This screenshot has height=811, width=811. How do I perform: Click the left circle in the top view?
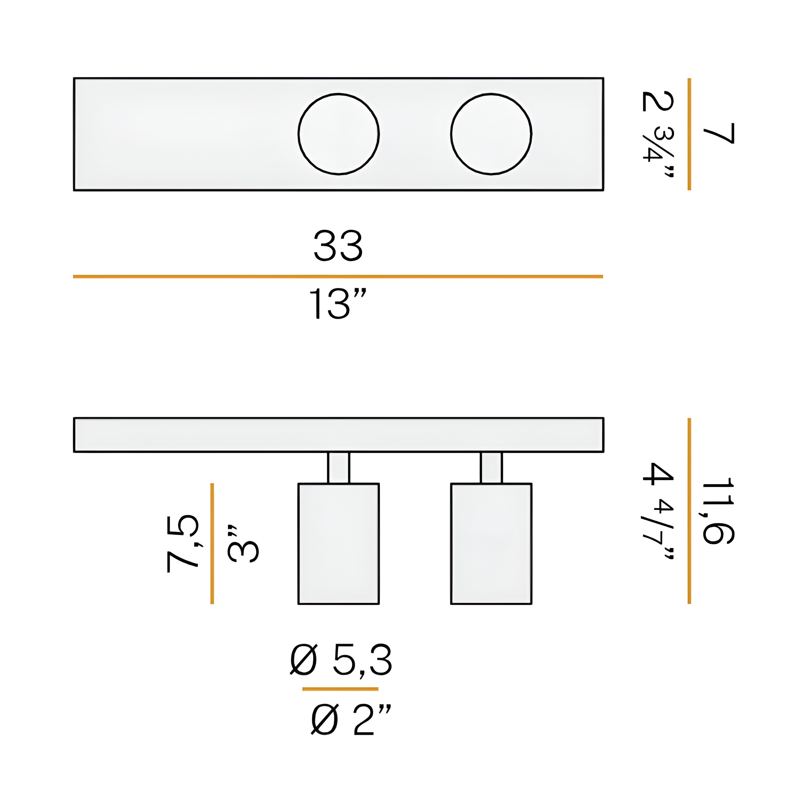click(299, 134)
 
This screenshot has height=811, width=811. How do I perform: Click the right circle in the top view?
click(451, 134)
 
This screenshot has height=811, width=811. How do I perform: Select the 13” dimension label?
click(338, 304)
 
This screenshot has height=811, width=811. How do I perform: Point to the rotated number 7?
click(719, 134)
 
